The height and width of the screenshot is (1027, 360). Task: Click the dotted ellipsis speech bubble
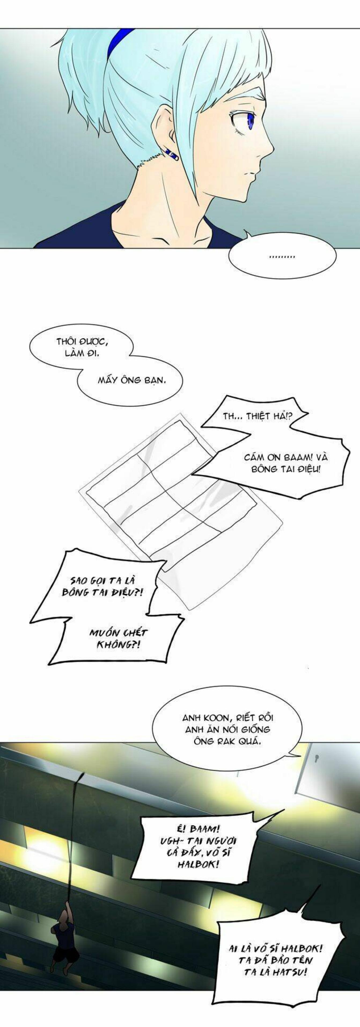point(282,256)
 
